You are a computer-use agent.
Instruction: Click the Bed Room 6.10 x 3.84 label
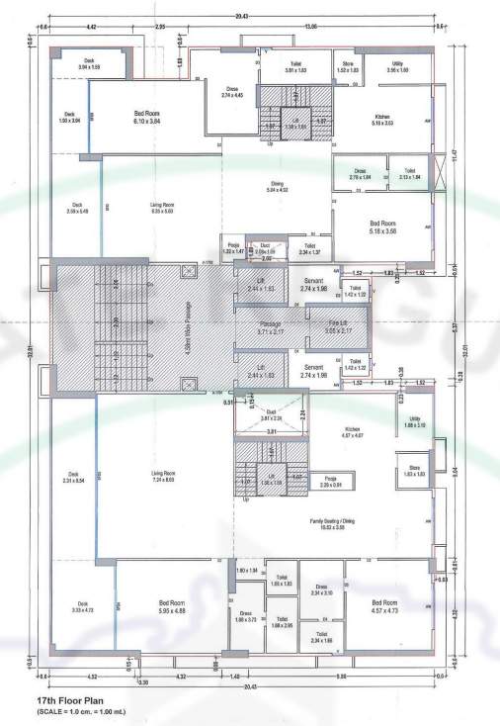click(x=153, y=118)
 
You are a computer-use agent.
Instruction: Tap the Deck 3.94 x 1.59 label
click(x=89, y=64)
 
